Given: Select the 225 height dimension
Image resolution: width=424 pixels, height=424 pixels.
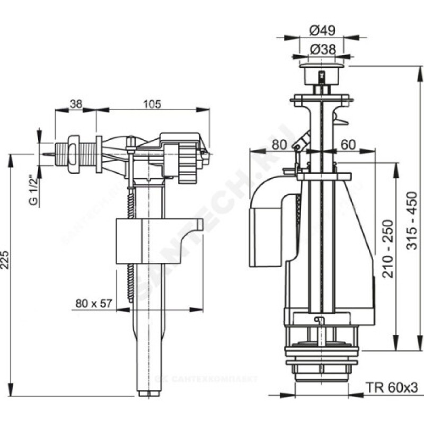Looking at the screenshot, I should [6, 259].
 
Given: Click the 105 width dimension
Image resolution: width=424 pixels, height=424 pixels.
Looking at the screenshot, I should [152, 104].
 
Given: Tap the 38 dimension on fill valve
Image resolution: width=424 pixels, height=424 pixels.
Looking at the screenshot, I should [76, 104].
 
